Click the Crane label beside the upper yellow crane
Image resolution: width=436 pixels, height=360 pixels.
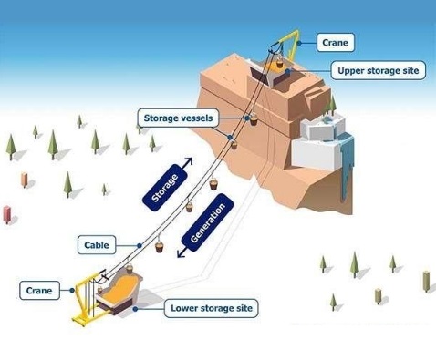coord(336,43)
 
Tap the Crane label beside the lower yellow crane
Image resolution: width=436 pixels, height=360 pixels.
coord(39,291)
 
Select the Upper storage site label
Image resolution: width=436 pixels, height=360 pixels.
coord(379,70)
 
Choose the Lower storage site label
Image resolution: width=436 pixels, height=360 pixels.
coord(212,308)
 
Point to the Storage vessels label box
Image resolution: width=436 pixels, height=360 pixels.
coord(178,118)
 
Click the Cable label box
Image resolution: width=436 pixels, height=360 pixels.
coord(97,245)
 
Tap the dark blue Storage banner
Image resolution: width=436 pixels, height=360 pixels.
coord(165,188)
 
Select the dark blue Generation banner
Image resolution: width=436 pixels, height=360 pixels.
coord(208,222)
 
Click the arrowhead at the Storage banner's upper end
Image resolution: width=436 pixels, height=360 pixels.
coord(189,161)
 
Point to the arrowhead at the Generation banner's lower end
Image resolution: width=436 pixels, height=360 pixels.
coord(181,254)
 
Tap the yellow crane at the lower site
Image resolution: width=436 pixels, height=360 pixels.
coord(85,299)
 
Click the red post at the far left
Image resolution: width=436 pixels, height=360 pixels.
coord(6,214)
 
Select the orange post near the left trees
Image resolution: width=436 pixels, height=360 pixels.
coord(25,180)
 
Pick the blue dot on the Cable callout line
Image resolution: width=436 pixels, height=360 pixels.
coord(140,245)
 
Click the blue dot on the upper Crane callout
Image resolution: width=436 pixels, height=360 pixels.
coord(299,43)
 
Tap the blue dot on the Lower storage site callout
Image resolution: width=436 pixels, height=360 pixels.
coord(135,309)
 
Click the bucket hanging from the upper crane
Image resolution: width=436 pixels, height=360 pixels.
coord(279,64)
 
